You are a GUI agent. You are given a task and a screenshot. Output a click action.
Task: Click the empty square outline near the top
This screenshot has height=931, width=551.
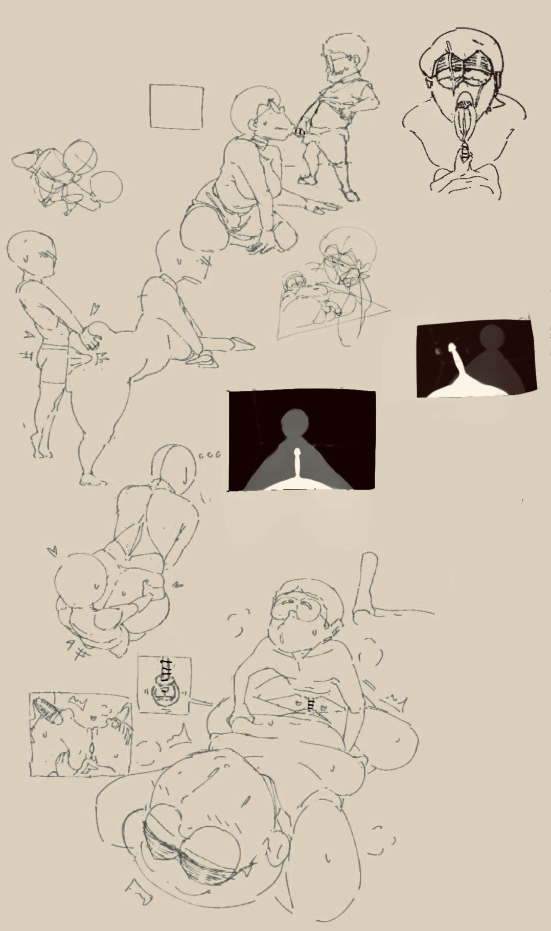[x=176, y=106]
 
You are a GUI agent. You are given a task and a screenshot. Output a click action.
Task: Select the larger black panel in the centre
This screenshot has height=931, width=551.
[x=302, y=440]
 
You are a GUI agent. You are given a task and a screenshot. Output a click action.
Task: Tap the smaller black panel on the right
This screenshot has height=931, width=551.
[x=476, y=361]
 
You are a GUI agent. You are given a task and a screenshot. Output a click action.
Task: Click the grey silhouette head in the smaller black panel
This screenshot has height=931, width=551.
[x=493, y=339]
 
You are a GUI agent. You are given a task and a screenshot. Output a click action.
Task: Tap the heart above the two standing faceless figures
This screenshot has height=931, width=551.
[x=94, y=309]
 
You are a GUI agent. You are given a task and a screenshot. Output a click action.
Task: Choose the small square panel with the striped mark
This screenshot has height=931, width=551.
[x=165, y=684]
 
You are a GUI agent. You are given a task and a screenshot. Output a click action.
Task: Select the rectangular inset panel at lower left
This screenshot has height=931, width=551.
[x=80, y=734]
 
